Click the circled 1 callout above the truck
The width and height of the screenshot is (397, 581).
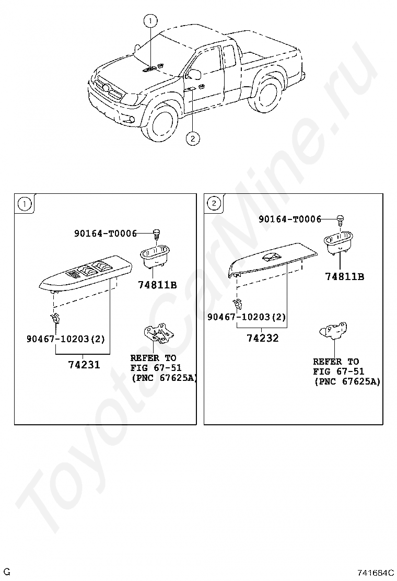(150, 21)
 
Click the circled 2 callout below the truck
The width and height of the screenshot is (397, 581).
(192, 138)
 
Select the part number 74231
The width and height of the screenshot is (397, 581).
(84, 364)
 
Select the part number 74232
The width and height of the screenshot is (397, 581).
(262, 338)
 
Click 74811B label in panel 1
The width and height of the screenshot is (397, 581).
(157, 285)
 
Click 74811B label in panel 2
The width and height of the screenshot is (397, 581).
(345, 276)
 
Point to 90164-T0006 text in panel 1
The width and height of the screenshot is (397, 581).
(105, 234)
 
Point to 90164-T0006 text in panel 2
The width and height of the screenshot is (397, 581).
(290, 219)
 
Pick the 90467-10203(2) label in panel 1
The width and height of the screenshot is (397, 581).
(66, 339)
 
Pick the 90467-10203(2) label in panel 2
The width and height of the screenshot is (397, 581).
(247, 317)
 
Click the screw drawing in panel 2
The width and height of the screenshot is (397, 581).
(341, 218)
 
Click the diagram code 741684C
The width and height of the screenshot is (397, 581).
(375, 572)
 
